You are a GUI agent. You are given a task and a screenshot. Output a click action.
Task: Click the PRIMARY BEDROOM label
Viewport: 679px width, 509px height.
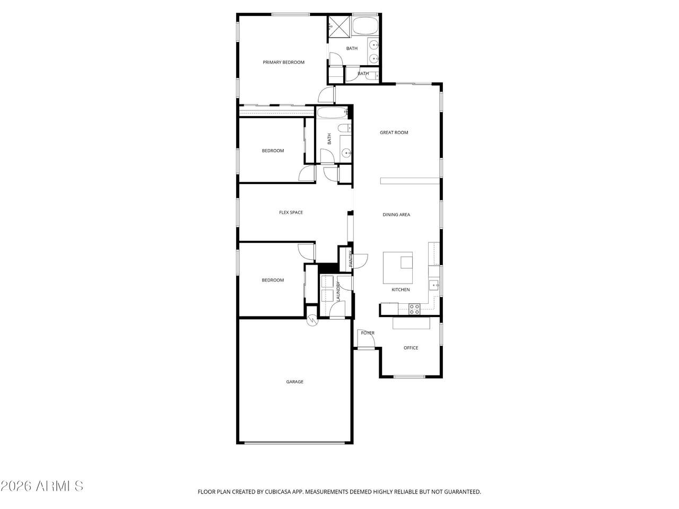pos(283,62)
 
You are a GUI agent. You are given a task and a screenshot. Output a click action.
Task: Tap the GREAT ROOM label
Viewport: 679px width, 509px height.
pos(394,132)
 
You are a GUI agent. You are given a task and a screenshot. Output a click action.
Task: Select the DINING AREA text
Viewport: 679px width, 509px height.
pos(396,215)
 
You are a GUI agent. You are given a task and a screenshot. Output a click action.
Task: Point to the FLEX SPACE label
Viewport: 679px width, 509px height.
pos(291,212)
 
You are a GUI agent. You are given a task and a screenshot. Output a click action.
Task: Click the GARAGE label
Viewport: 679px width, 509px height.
pos(294,382)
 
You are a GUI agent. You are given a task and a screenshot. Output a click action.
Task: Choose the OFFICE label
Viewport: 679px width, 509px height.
pos(411,348)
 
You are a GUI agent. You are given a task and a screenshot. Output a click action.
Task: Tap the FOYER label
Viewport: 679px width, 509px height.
pos(368,333)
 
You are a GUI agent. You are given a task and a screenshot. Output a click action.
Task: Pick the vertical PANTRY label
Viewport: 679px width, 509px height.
pos(351,259)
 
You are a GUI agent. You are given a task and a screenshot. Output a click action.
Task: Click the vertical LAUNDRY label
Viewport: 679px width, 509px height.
pos(338,291)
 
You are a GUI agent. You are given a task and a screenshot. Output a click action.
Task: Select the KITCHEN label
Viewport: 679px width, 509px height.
pos(401,289)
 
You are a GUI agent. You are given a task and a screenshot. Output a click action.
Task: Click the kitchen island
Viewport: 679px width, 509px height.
pos(398,268)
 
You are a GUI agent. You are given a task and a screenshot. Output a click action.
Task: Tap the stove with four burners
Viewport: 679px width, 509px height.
pos(414,309)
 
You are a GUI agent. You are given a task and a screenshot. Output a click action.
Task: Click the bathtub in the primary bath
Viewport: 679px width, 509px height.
pos(365,25)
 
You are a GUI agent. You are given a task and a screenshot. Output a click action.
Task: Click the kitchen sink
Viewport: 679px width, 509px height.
pos(434,285)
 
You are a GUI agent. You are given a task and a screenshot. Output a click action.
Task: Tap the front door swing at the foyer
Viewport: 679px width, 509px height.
pos(366,338)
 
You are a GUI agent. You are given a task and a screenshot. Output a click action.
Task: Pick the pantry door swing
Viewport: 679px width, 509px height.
pos(360,261)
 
